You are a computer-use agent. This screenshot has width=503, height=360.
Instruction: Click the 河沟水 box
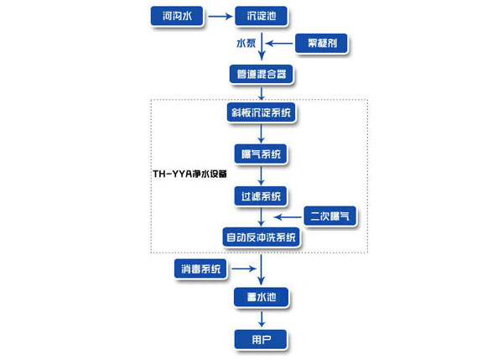coord(177,15)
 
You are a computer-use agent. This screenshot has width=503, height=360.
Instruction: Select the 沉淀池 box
coord(261,15)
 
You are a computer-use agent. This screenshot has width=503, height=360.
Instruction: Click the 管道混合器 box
coord(262,74)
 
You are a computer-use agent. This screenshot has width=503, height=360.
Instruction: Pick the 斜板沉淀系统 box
coord(262,112)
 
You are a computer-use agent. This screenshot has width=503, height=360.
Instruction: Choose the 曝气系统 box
coord(262,153)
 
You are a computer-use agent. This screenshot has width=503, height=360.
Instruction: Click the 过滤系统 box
coord(261,196)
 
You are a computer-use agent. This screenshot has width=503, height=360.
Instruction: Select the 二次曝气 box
coord(330,217)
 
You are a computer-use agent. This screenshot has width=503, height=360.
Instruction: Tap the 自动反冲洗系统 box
coord(262,237)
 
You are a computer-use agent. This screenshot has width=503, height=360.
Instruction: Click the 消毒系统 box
coord(200,269)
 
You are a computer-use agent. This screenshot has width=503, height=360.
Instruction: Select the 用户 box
coord(262,338)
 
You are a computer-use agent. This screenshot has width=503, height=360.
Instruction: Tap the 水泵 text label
coord(245,43)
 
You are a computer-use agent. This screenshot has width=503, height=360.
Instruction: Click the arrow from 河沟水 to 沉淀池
coord(219,15)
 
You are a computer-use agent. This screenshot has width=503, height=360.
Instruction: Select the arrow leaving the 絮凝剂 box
coord(280,42)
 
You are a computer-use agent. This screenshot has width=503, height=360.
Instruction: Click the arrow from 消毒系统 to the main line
coord(241,269)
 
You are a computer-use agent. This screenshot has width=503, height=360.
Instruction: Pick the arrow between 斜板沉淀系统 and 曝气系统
coord(262,132)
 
